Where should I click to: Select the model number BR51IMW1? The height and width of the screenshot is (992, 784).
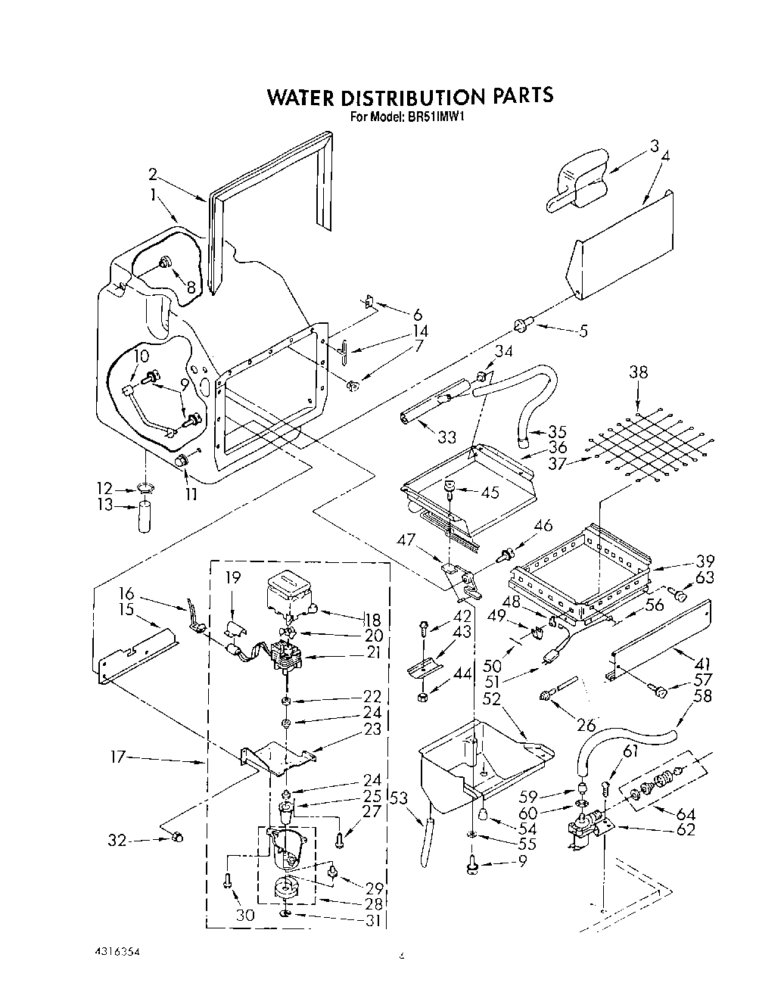pos(440,117)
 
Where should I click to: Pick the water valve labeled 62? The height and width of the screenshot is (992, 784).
pos(586,832)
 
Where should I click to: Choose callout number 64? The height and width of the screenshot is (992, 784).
pos(685,814)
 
